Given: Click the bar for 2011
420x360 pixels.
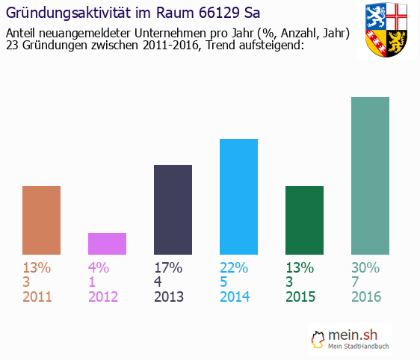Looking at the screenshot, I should pyautogui.click(x=41, y=220).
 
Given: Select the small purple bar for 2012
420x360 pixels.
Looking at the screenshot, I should pyautogui.click(x=107, y=243).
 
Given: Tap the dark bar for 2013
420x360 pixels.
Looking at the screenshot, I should pyautogui.click(x=173, y=210).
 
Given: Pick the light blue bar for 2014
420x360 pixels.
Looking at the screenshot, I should pyautogui.click(x=238, y=196).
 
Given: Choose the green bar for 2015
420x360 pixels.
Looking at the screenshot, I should pyautogui.click(x=304, y=220).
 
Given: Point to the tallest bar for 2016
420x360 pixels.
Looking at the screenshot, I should pyautogui.click(x=370, y=176).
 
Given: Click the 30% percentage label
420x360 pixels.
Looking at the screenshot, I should pyautogui.click(x=366, y=267).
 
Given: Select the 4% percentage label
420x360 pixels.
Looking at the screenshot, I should pyautogui.click(x=99, y=267).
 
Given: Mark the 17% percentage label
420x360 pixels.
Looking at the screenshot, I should pyautogui.click(x=168, y=267).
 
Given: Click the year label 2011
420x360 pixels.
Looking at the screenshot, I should pyautogui.click(x=37, y=297).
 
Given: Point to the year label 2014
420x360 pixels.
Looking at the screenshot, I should pyautogui.click(x=235, y=297).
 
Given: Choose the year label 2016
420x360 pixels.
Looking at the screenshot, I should pyautogui.click(x=366, y=297).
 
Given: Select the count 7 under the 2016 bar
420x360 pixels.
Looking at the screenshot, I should pyautogui.click(x=356, y=282).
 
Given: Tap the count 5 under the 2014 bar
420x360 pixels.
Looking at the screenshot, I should pyautogui.click(x=224, y=282).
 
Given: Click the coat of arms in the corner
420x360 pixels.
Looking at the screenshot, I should pyautogui.click(x=386, y=31).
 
